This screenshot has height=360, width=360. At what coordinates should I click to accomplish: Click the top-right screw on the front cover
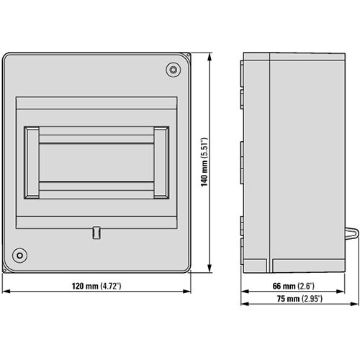pos(174,69)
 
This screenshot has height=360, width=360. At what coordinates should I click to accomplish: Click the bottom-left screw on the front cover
pos(20,255)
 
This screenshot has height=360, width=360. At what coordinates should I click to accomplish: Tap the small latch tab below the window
pos(96,232)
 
